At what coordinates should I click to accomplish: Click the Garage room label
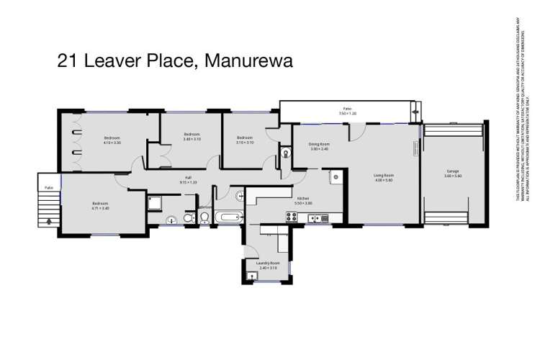(452, 171)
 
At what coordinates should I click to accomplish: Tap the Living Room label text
(382, 175)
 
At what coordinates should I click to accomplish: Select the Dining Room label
(319, 145)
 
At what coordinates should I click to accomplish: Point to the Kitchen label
(303, 198)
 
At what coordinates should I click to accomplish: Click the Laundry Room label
(266, 264)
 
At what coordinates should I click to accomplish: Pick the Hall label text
(188, 178)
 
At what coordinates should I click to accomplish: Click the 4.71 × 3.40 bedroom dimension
(100, 208)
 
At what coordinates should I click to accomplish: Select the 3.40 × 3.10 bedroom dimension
(191, 139)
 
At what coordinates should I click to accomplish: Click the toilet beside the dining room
(286, 153)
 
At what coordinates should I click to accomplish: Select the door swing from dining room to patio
(356, 132)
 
